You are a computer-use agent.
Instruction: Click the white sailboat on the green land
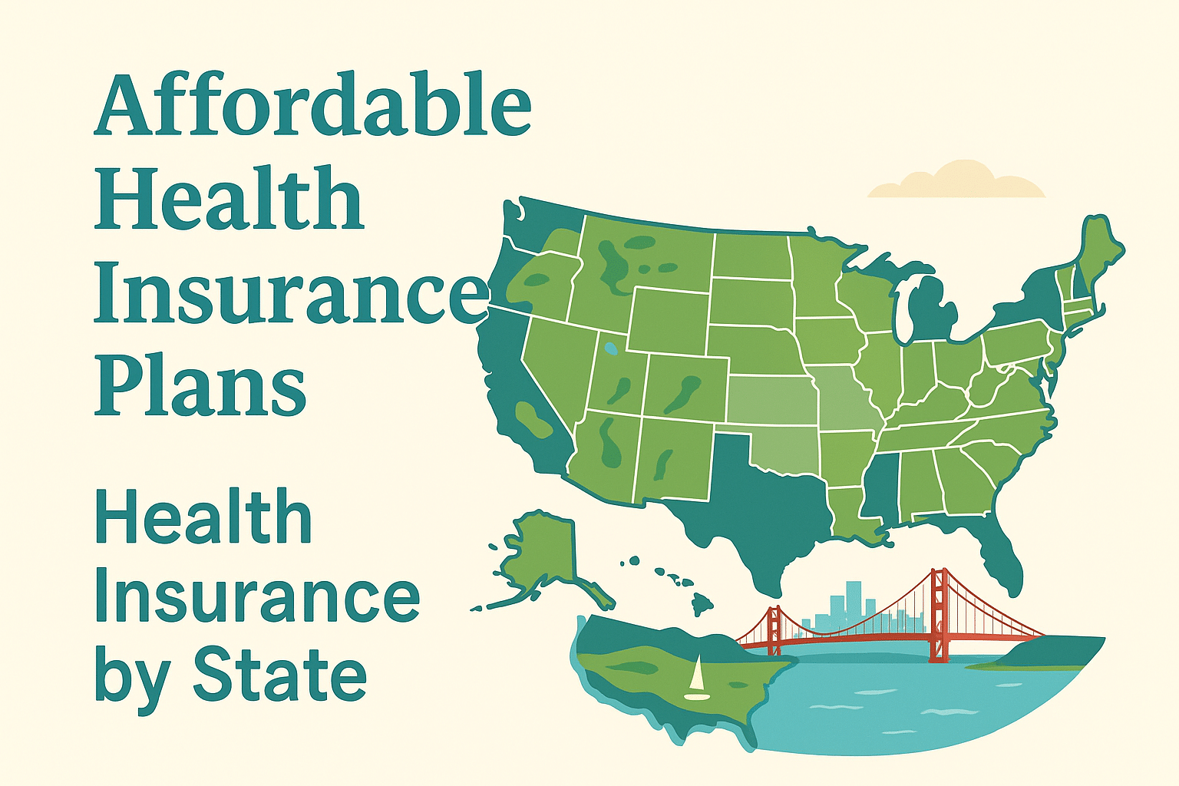tap(697, 680)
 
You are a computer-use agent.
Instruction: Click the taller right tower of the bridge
tap(938, 614)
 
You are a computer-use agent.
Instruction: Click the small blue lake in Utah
tap(610, 348)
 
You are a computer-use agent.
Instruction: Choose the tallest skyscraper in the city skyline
tap(854, 603)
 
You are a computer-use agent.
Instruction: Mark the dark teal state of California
tap(507, 391)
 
